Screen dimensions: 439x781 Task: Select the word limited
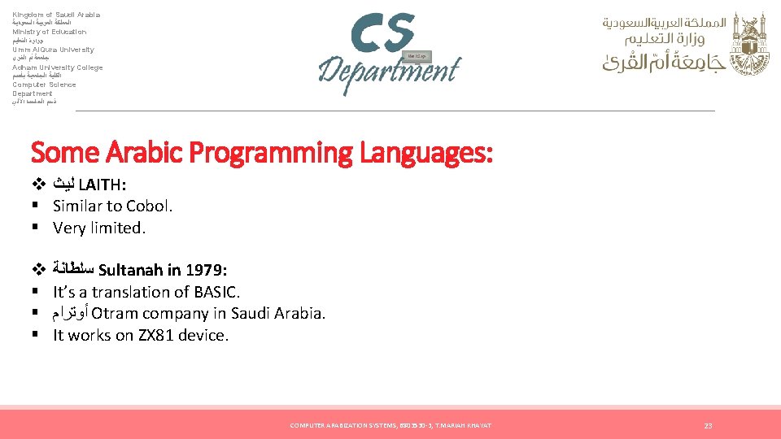point(115,228)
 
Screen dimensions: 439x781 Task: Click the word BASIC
point(212,292)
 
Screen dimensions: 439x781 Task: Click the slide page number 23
point(708,425)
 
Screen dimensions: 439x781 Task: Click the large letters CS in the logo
point(383,33)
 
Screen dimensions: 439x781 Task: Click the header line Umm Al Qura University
point(53,50)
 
